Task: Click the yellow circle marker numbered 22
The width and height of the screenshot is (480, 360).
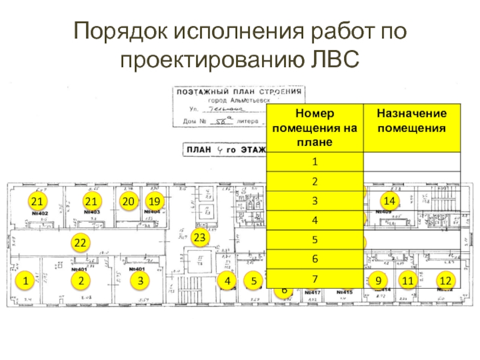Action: pos(80,242)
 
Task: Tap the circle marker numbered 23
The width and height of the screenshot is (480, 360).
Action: pos(200,238)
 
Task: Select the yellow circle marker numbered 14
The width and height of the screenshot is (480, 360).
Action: pos(389,200)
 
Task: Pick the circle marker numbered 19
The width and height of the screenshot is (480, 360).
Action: pos(155,201)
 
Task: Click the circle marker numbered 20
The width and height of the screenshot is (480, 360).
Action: pos(127,201)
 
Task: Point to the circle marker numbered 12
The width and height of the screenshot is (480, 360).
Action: pos(445,280)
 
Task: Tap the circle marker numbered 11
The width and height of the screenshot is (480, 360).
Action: pos(409,280)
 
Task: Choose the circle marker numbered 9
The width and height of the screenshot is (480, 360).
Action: pos(378,280)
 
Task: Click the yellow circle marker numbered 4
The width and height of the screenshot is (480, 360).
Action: pos(227,280)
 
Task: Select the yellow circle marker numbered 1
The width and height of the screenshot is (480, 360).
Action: pos(25,280)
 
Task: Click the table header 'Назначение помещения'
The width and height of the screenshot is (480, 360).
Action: pos(411,121)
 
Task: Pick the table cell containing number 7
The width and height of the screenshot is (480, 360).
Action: pos(315,278)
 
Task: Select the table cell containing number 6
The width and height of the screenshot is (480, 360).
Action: pos(315,259)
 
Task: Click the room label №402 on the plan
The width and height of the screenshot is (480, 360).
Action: pos(40,212)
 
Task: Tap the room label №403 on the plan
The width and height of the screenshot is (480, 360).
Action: pos(92,212)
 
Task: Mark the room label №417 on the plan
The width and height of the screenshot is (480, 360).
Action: pos(312,293)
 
